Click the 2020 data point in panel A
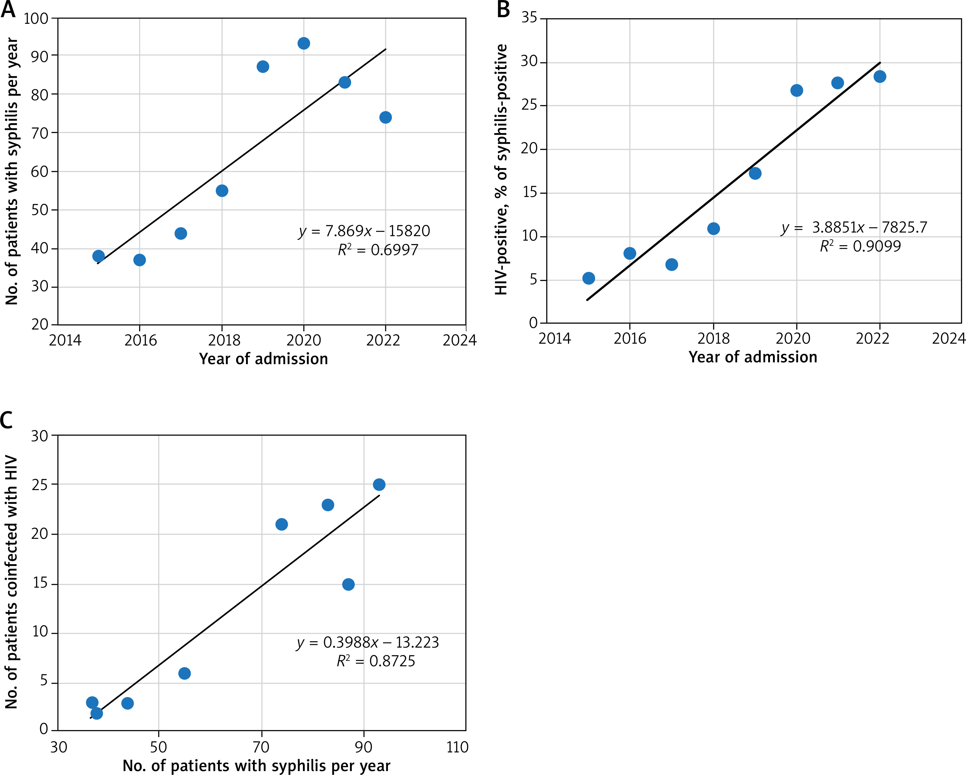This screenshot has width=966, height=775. (x=304, y=43)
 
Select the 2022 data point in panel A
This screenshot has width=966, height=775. (x=385, y=117)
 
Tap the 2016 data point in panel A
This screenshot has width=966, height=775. (x=139, y=260)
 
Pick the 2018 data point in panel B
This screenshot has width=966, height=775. (x=713, y=229)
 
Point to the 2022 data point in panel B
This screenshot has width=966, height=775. (x=880, y=77)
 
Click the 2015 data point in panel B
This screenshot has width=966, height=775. (x=589, y=278)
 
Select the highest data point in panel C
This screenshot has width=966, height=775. (x=379, y=485)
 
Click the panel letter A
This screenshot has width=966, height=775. (x=8, y=9)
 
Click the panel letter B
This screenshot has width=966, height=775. (x=503, y=9)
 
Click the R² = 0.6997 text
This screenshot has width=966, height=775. (x=378, y=250)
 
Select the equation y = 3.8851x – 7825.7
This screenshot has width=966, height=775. (x=854, y=228)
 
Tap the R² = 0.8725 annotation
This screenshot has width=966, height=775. (x=376, y=661)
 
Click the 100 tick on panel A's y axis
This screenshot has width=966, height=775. (x=36, y=19)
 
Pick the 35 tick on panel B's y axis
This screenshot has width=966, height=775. (x=529, y=18)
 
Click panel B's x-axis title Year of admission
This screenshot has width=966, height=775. (x=753, y=357)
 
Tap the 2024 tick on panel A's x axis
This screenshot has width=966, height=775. (x=459, y=341)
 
